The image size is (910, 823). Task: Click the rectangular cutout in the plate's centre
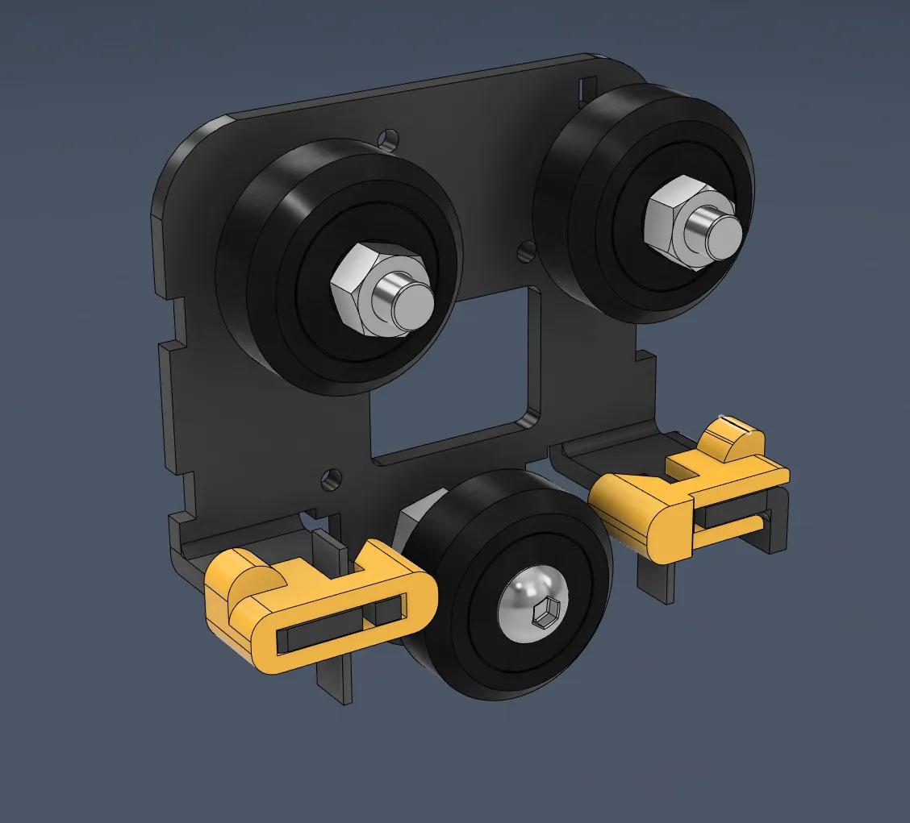click(x=452, y=371)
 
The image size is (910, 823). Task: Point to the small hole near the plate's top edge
click(x=390, y=137)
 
